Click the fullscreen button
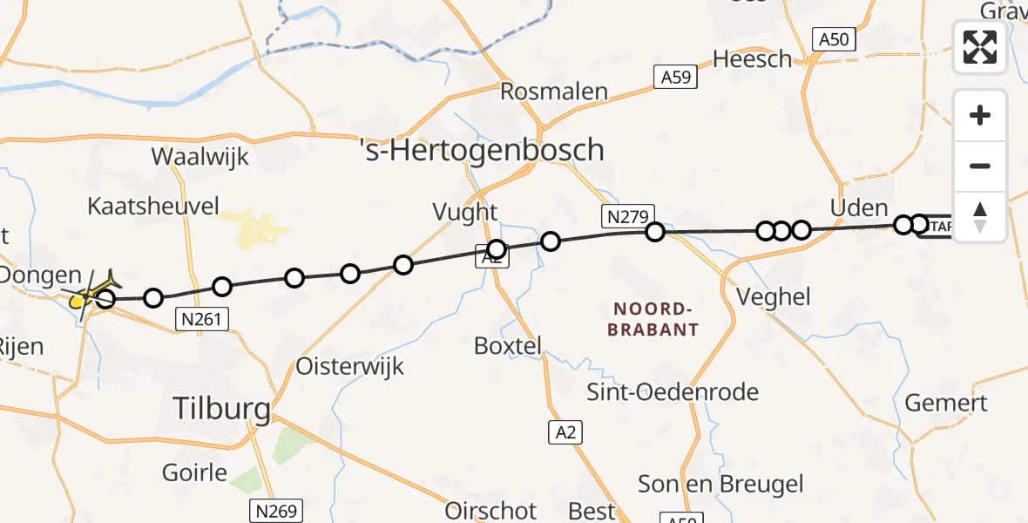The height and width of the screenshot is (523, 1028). tap(980, 47)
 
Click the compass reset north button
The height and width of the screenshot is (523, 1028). tap(980, 216)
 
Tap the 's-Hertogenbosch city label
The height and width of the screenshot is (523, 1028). tap(482, 150)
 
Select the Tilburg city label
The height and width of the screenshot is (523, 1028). tap(221, 407)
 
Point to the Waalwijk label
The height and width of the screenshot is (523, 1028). tap(200, 157)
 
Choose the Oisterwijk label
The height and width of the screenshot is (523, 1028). tap(350, 366)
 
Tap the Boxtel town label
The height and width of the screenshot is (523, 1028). tap(507, 345)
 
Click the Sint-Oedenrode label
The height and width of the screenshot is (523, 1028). tap(673, 391)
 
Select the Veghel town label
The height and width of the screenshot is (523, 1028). tap(773, 296)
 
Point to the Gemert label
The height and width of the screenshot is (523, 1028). tap(946, 403)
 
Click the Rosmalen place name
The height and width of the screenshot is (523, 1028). tap(554, 92)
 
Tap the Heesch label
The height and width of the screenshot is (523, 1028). tap(753, 59)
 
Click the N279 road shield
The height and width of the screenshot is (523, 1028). tap(626, 217)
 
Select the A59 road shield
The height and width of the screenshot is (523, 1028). tap(676, 78)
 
